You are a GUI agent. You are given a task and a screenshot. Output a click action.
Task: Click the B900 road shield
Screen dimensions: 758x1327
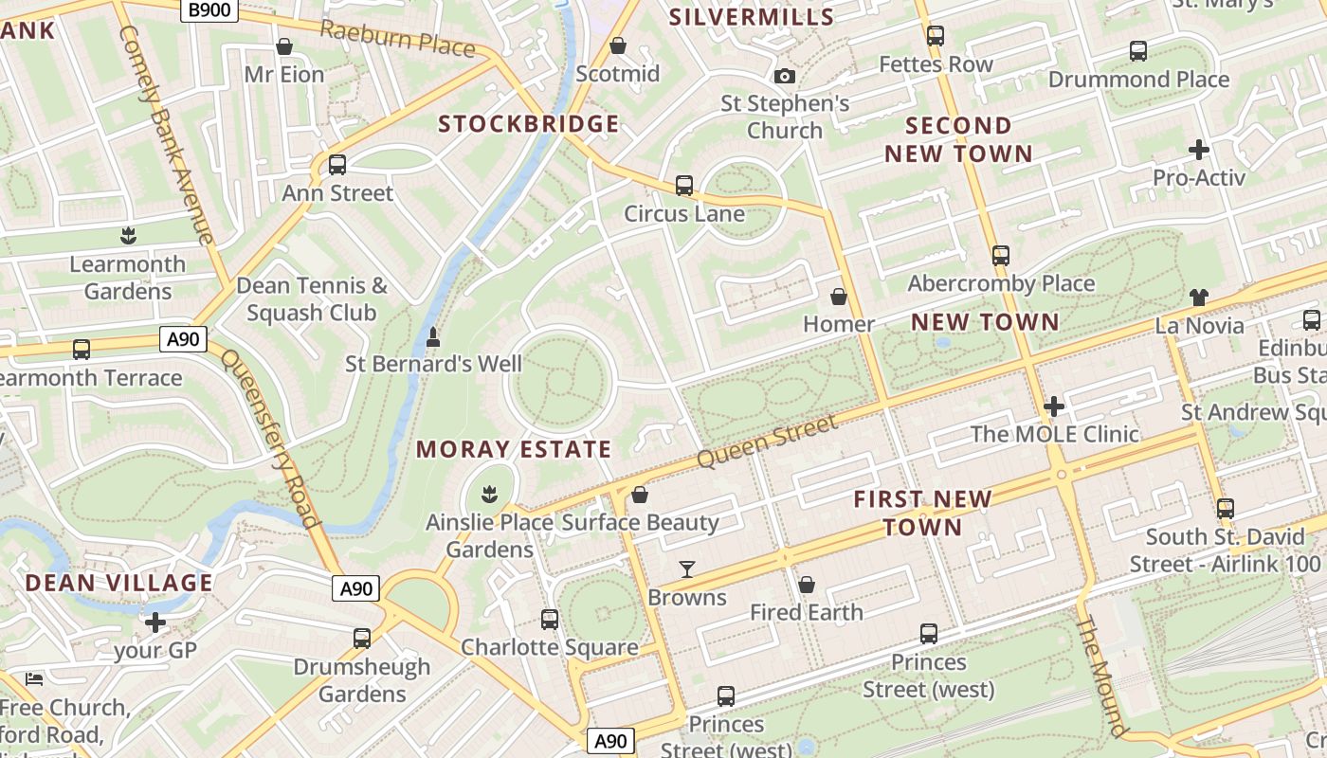208,10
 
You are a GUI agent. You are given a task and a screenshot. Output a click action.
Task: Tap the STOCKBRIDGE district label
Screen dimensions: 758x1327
529,124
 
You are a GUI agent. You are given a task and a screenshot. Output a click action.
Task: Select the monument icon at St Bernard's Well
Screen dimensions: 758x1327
433,336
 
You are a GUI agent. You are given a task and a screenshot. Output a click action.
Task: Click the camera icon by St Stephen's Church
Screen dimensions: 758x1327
785,76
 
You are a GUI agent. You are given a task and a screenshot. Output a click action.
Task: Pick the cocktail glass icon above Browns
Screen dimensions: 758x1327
687,569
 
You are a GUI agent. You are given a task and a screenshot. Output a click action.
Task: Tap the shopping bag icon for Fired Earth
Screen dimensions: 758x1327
807,585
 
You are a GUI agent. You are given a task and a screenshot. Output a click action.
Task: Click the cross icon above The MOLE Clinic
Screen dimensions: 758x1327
1053,406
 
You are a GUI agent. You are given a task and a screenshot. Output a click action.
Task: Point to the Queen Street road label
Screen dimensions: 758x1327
767,442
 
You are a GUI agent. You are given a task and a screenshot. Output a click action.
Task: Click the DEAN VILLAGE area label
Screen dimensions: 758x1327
119,583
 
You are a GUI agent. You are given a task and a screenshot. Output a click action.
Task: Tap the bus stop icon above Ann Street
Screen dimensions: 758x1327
337,165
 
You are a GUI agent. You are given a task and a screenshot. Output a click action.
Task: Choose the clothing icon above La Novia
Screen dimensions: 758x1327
1199,298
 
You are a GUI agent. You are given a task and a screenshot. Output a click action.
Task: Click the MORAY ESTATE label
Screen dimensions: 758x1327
514,449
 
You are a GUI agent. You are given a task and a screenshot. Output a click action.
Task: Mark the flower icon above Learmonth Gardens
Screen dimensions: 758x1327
128,236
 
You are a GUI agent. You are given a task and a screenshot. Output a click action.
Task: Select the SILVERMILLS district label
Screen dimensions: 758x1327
752,16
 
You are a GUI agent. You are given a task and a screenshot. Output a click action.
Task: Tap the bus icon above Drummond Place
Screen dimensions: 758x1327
1138,51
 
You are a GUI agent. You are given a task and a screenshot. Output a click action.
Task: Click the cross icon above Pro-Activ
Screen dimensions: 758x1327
1199,150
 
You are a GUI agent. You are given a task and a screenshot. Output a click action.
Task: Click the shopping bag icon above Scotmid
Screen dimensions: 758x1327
618,45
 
